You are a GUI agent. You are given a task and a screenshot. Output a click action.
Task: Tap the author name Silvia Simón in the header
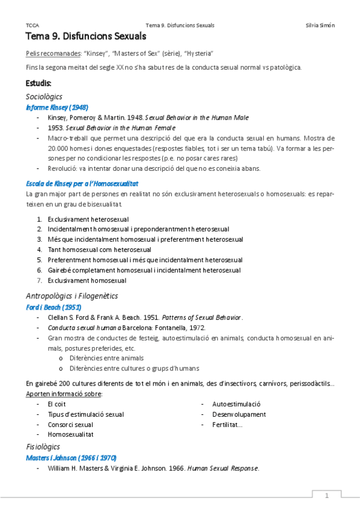(320, 25)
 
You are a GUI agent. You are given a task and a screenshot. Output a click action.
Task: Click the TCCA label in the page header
(32, 25)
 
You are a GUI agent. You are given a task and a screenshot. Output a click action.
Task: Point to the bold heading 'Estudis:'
(38, 82)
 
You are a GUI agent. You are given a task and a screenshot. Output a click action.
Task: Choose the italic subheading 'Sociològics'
(44, 96)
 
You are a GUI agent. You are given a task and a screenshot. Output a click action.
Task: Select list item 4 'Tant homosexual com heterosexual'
(99, 249)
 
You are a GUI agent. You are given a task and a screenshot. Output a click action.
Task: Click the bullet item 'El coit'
(56, 404)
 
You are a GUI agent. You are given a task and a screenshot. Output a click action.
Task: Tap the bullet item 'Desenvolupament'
(239, 414)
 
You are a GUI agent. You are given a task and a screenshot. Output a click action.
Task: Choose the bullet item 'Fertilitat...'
(227, 425)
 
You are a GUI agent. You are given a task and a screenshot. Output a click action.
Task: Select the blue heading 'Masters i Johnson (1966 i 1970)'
(71, 458)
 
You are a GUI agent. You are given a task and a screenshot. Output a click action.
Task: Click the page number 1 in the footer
(327, 496)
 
